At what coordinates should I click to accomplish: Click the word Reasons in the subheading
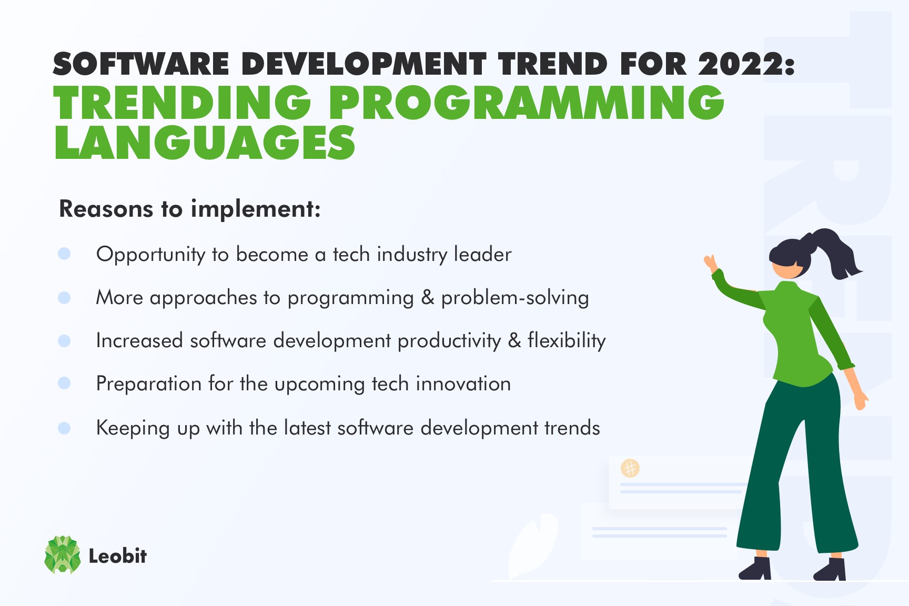[106, 209]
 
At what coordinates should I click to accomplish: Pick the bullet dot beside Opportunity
[64, 254]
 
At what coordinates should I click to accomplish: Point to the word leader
[482, 255]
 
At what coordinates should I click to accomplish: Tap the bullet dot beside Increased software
[64, 341]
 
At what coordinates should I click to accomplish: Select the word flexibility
[567, 341]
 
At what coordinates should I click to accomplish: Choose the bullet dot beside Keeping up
[64, 428]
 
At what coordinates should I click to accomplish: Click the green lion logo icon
[63, 554]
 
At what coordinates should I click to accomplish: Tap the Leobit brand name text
[117, 556]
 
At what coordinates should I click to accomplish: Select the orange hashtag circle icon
[630, 468]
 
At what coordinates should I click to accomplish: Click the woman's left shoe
[756, 569]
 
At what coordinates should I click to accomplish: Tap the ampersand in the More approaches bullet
[428, 298]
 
